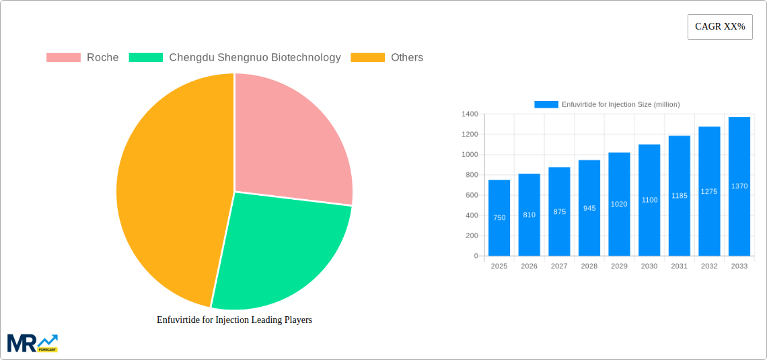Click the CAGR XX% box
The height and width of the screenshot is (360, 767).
719,27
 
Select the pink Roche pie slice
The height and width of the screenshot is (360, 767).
289,141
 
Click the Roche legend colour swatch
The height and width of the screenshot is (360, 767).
63,58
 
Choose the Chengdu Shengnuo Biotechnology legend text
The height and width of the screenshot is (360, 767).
254,58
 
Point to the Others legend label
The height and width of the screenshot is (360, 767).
406,58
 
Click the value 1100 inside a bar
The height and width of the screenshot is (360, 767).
649,200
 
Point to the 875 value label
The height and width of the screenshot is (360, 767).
559,211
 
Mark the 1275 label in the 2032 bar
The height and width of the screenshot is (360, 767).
709,191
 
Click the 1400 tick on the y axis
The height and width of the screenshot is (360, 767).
469,114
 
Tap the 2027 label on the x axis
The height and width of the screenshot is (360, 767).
559,266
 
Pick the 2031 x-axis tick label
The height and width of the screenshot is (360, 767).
679,266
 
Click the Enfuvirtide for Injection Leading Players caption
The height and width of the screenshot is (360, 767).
234,320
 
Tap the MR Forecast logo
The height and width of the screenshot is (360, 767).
32,343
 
